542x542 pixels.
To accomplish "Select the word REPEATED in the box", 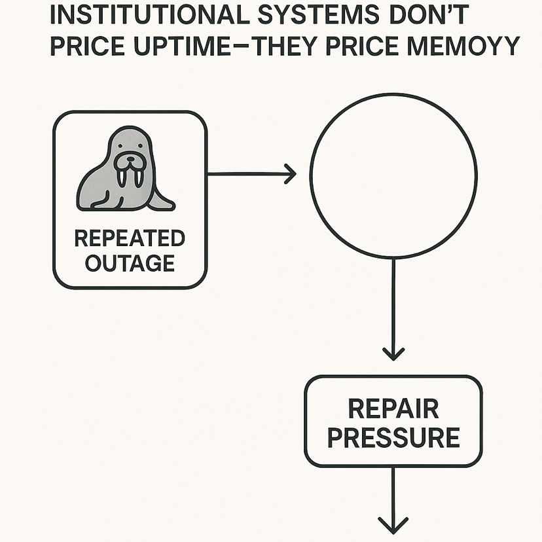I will point(130,238).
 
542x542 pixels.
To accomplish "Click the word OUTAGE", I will point(130,262).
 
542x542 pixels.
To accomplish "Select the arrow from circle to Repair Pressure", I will point(393,308).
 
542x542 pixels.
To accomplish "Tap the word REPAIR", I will point(393,409).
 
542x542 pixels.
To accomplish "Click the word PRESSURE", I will point(393,437).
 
